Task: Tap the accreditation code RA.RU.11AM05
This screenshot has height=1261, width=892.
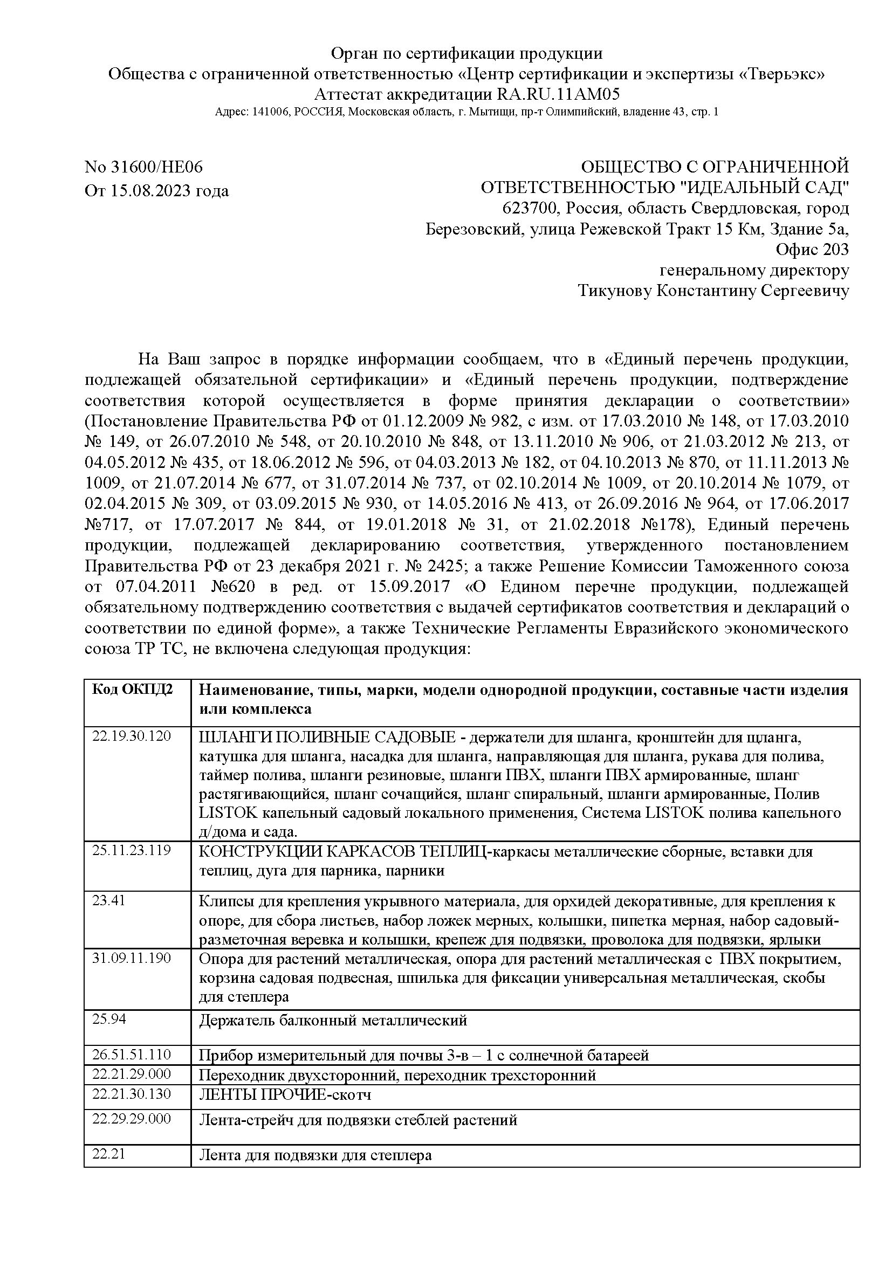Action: pos(558,94)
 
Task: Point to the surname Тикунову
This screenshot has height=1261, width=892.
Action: pos(615,291)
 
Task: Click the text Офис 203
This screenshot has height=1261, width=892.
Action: pos(812,250)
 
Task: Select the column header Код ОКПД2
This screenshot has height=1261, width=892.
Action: pos(132,690)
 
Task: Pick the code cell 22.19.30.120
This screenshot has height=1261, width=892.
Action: pos(132,736)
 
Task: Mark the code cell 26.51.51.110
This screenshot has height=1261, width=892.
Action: pos(132,1054)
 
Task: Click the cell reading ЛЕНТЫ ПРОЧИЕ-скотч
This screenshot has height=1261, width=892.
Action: pos(285,1094)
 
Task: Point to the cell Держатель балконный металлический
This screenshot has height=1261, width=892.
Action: pos(333,1021)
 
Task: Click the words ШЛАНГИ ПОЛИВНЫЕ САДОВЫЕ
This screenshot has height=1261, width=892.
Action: pos(327,737)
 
